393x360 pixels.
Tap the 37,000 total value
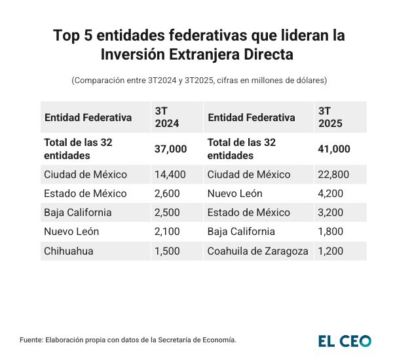(x=170, y=149)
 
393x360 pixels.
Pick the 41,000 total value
(x=334, y=149)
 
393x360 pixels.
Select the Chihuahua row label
(x=68, y=251)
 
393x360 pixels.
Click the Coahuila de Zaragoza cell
(x=257, y=251)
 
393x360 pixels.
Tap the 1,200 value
(x=331, y=251)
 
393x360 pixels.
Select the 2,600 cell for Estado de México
(x=168, y=194)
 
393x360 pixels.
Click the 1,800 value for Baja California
(x=331, y=232)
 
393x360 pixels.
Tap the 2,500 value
(x=168, y=213)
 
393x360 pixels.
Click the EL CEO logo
(x=345, y=340)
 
